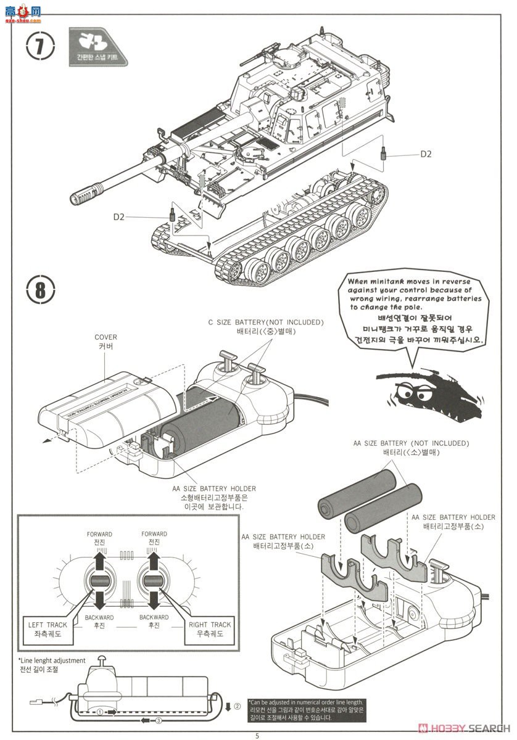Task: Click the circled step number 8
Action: click(40, 289)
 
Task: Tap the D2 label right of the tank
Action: click(426, 154)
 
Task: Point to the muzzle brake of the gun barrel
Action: click(85, 196)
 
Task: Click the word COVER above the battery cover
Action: click(105, 337)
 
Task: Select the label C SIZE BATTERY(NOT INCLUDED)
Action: click(265, 323)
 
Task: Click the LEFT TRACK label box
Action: click(48, 625)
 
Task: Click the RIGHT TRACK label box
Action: click(210, 625)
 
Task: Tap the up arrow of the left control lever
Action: click(99, 562)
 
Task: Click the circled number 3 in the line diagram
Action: click(159, 720)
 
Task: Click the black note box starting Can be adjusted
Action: click(306, 710)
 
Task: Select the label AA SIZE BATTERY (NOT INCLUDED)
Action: click(411, 443)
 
